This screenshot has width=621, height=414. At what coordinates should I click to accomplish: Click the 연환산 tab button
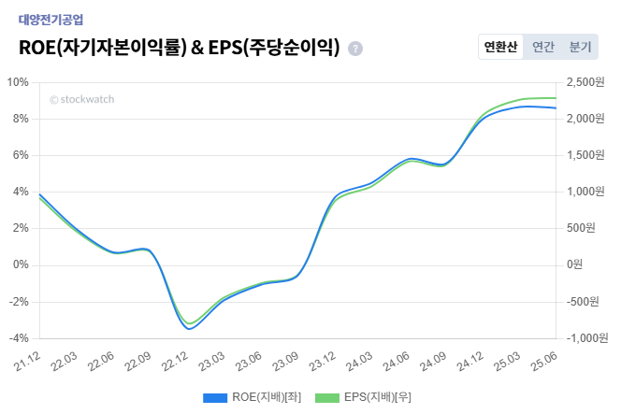[x=499, y=47]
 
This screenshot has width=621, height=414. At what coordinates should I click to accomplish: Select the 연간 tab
[x=542, y=47]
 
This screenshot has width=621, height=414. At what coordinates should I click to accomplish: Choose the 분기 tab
[x=580, y=47]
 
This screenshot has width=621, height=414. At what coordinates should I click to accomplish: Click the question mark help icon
[x=355, y=49]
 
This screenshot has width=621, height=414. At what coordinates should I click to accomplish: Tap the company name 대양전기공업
[x=51, y=19]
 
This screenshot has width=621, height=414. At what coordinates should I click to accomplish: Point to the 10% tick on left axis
[x=18, y=82]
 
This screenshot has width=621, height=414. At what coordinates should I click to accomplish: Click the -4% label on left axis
[x=18, y=338]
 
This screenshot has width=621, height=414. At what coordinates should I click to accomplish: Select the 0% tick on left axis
[x=20, y=265]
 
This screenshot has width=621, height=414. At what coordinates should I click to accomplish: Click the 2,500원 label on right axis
[x=585, y=82]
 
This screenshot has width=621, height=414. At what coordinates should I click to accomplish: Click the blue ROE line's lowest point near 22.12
[x=190, y=329]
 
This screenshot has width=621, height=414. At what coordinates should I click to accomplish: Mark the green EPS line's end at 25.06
[x=556, y=98]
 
